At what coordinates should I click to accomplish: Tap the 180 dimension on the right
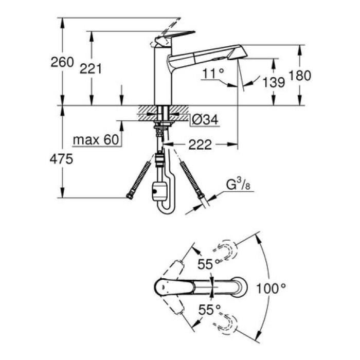point(300,76)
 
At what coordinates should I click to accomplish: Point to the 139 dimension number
point(273,82)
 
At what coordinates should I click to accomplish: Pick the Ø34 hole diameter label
point(205,120)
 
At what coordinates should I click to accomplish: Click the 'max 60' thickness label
point(96,139)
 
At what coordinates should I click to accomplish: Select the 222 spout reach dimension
point(200,145)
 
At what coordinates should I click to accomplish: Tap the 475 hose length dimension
point(62,159)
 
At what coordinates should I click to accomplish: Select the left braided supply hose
point(138,179)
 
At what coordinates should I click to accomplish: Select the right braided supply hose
point(191,180)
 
